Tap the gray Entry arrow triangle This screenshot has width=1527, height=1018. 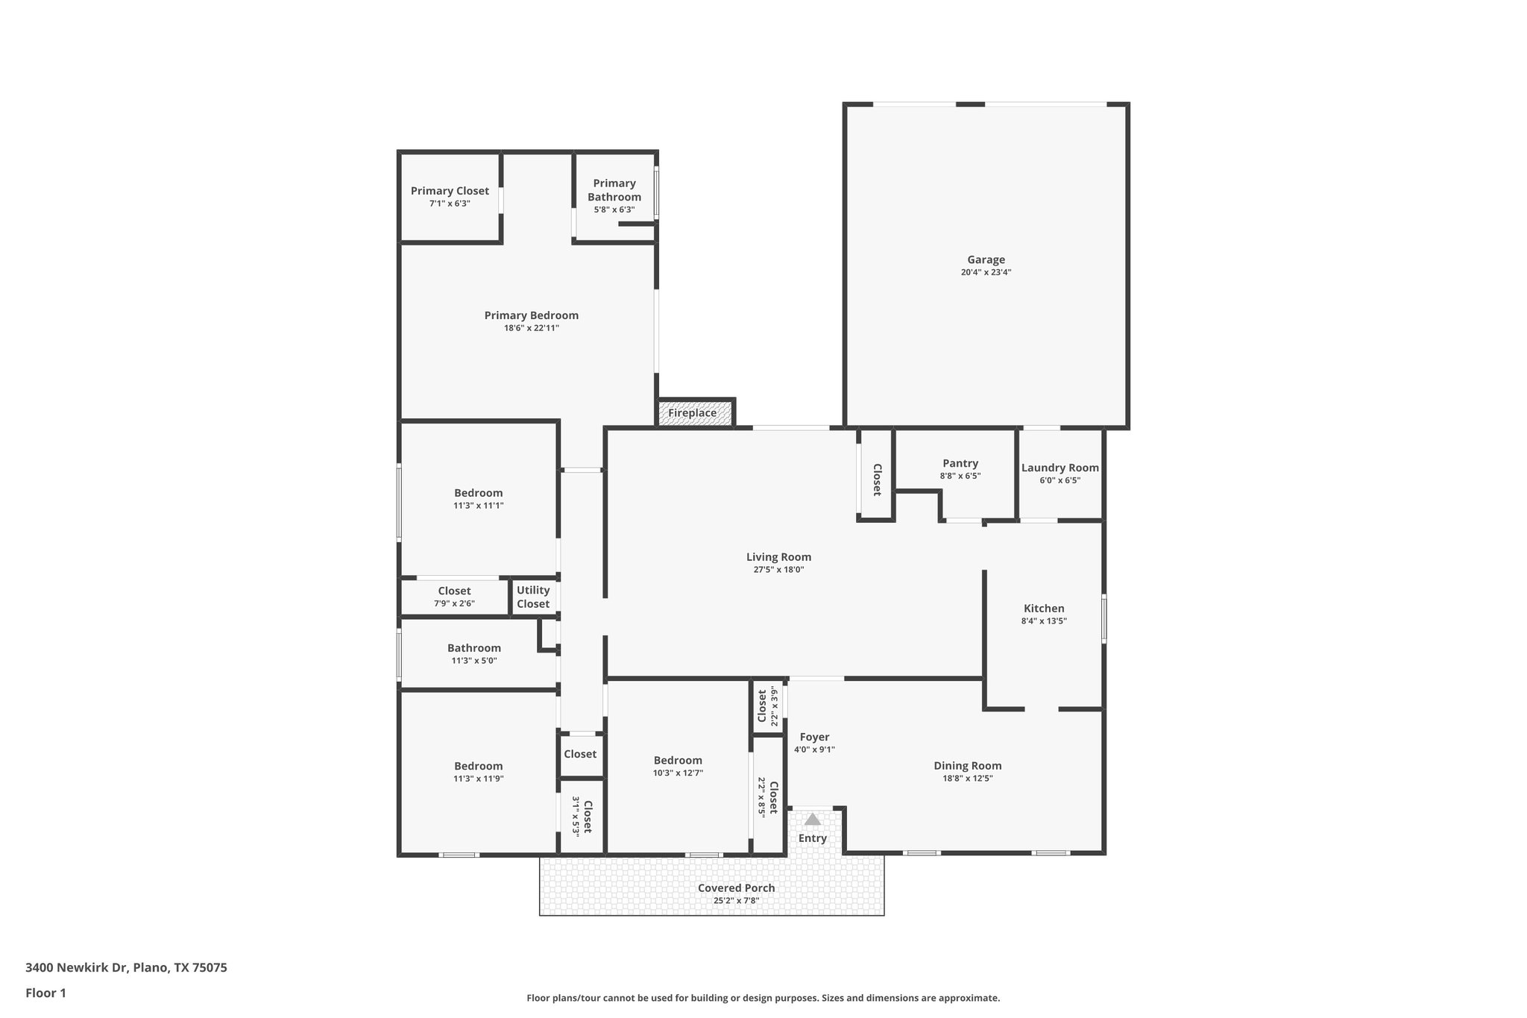[812, 820]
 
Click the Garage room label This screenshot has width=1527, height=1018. [986, 260]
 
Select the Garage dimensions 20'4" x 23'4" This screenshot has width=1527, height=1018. [986, 273]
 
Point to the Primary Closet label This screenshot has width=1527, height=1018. [450, 191]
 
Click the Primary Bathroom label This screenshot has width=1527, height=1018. [614, 190]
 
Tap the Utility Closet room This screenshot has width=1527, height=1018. [532, 597]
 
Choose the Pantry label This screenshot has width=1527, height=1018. [960, 463]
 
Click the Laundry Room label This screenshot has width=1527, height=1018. [1060, 468]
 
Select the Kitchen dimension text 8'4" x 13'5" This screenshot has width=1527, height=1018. [1044, 621]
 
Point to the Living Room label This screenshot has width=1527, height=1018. [778, 557]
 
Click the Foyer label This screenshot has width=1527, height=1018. [813, 737]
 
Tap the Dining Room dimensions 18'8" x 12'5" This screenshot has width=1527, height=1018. [967, 779]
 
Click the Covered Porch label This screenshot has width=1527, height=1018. [736, 888]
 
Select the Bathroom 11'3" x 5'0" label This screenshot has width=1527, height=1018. [473, 654]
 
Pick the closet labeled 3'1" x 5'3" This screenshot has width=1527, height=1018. [582, 817]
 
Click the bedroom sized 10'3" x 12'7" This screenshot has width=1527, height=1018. [677, 766]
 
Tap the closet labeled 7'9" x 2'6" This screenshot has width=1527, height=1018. [453, 597]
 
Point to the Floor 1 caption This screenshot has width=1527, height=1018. [45, 993]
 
